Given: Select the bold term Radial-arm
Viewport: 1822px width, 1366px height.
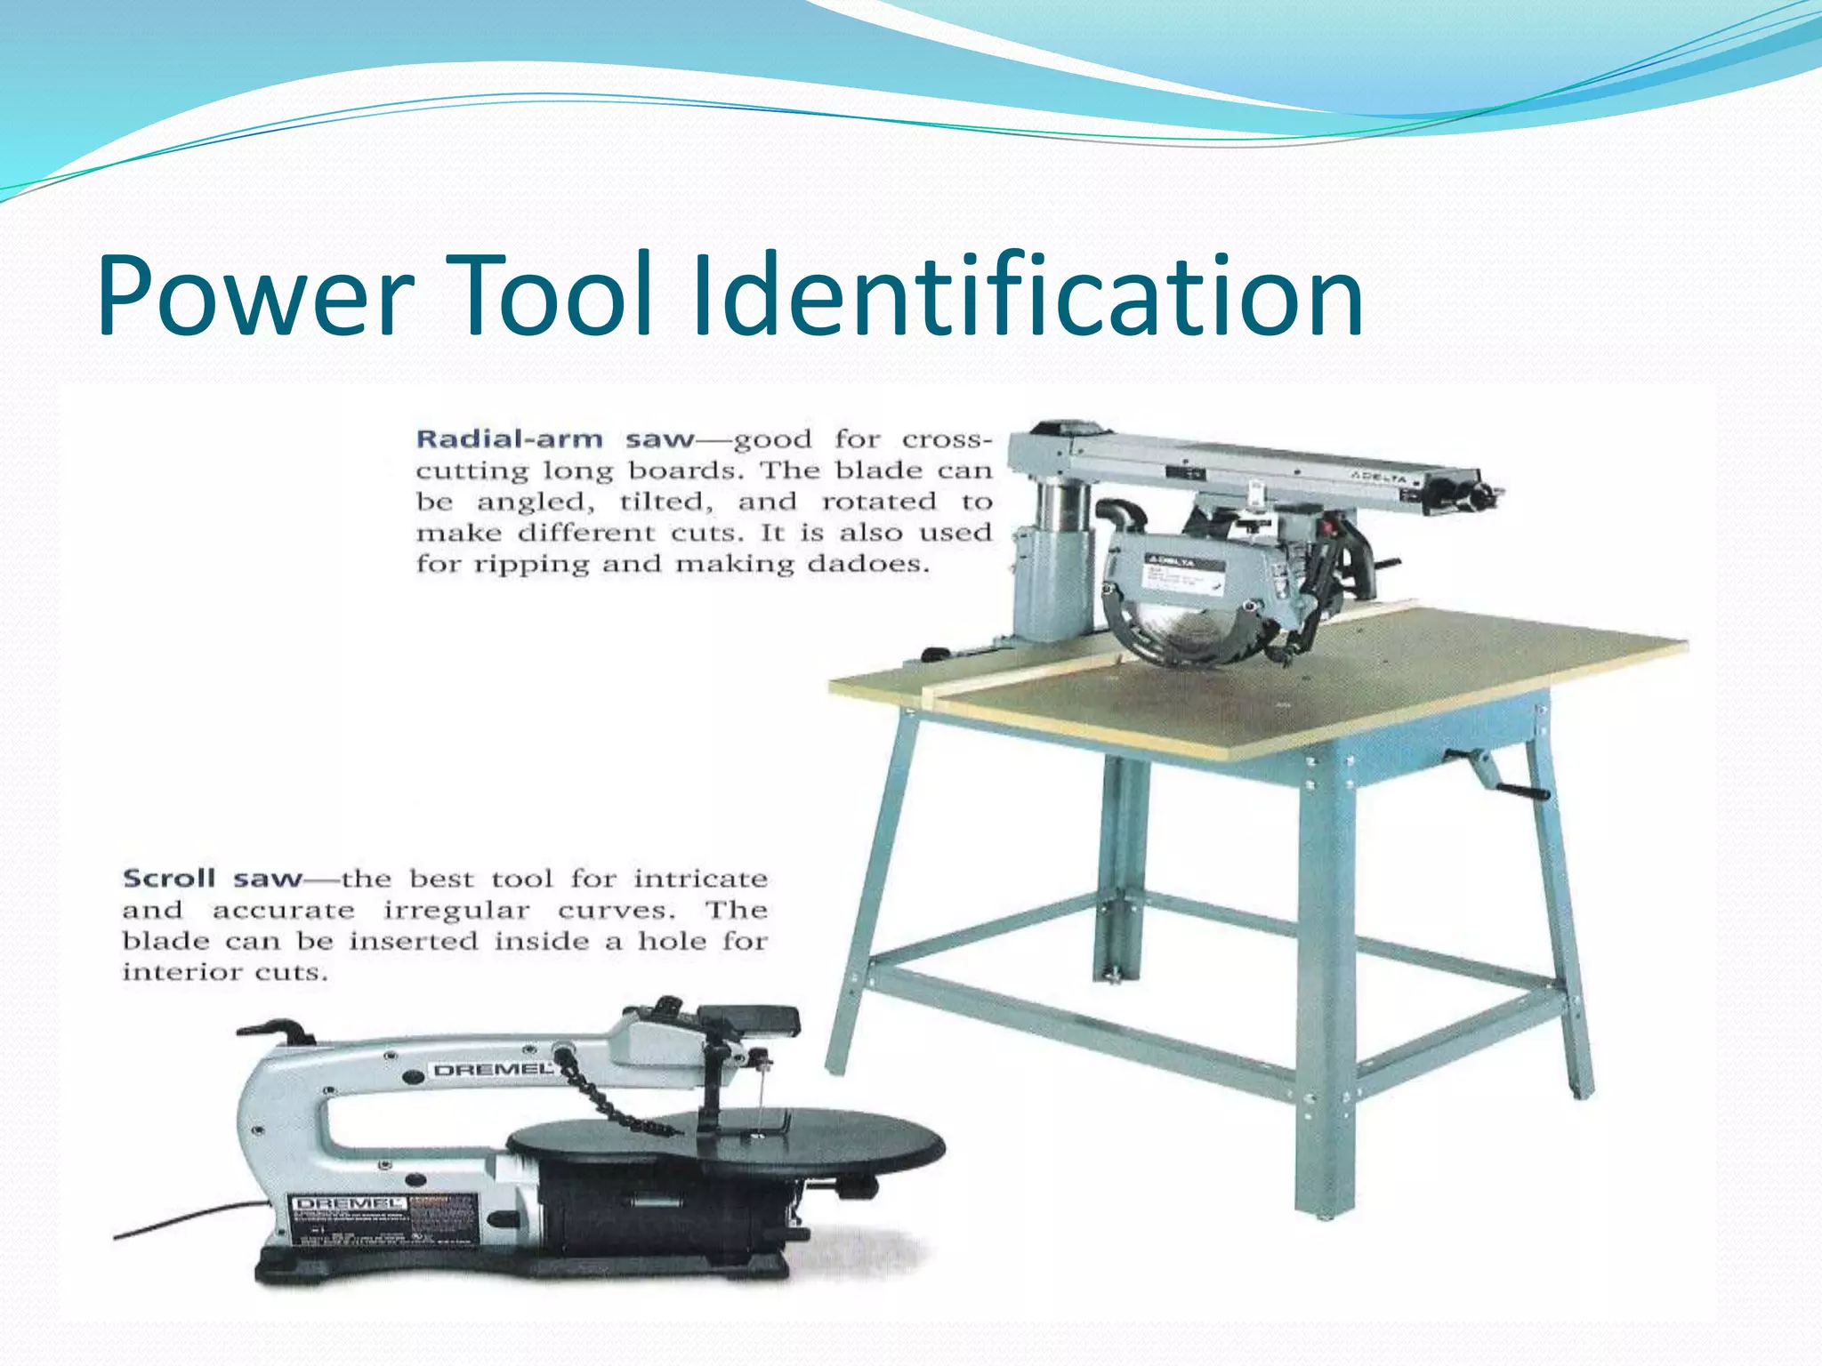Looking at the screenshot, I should (509, 439).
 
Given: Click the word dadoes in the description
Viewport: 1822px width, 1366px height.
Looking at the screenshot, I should (867, 565).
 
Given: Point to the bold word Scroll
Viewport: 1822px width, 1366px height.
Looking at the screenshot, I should (169, 879).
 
